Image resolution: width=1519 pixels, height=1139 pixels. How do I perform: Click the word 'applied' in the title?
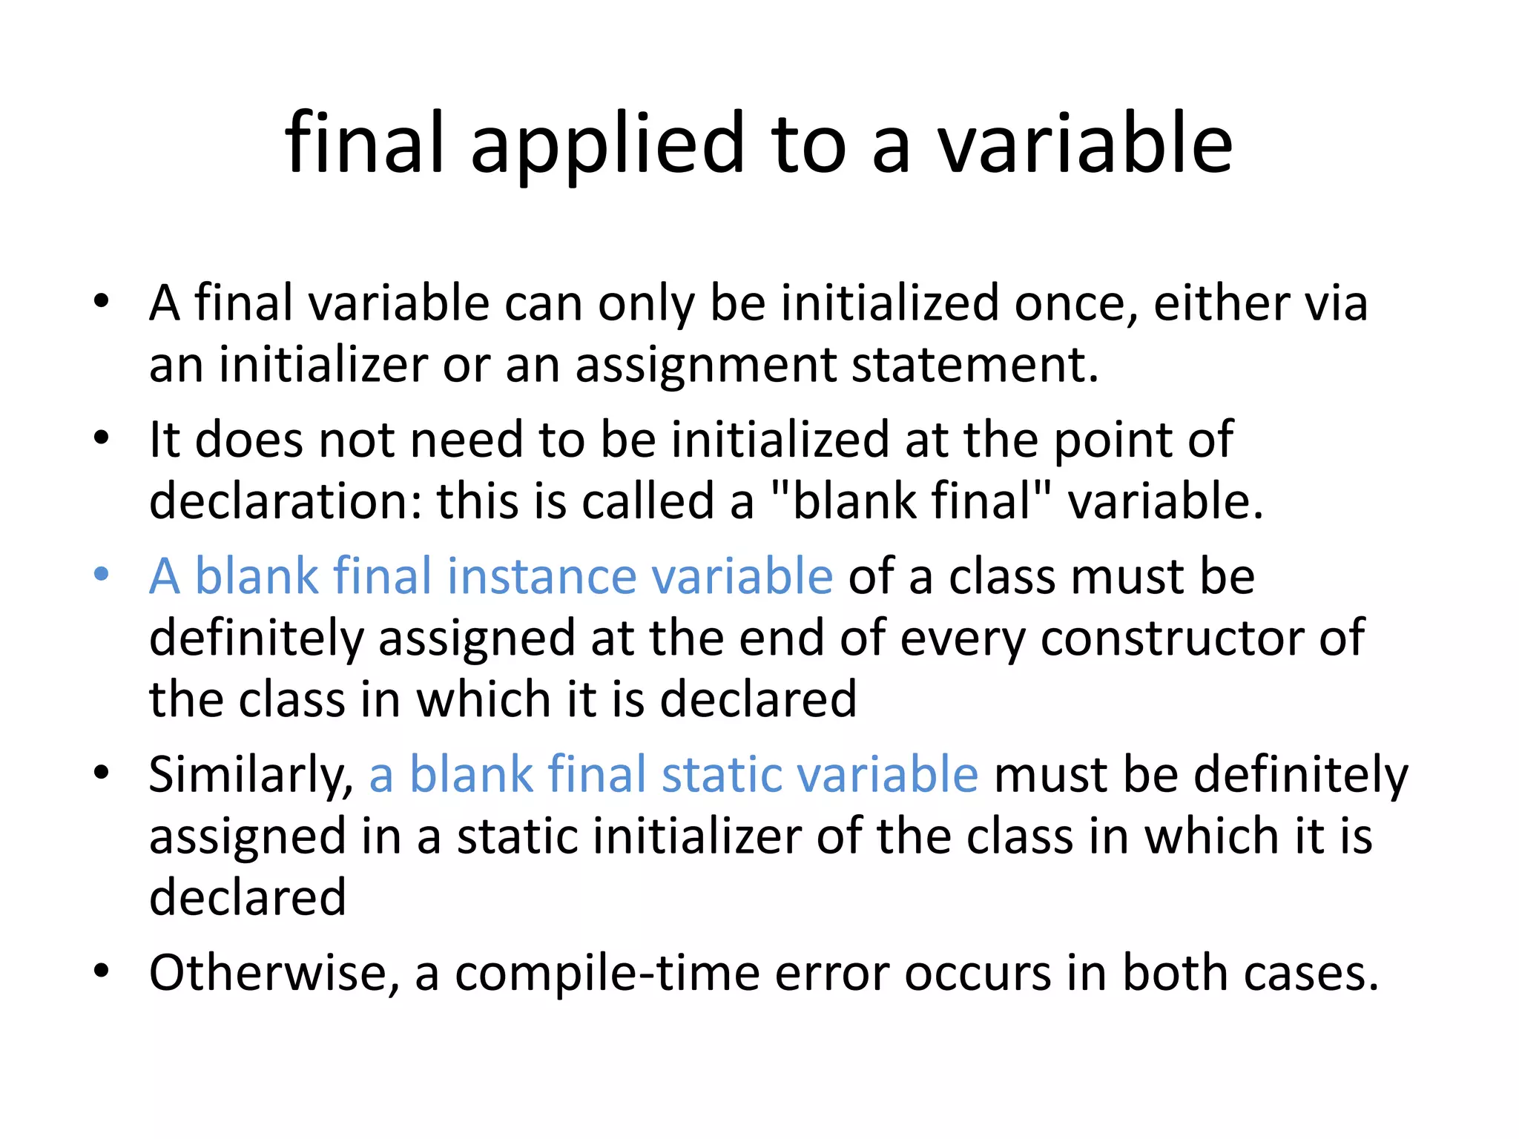click(x=607, y=145)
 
